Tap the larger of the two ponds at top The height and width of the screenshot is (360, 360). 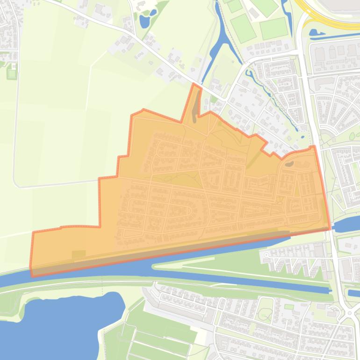[x=144, y=21]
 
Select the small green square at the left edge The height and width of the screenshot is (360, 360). [x=12, y=73]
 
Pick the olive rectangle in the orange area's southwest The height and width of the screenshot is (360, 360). [x=79, y=255]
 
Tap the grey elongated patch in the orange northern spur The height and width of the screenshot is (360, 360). [x=195, y=105]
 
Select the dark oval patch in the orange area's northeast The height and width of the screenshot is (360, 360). [x=289, y=164]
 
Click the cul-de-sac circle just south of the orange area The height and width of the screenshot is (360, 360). [x=267, y=255]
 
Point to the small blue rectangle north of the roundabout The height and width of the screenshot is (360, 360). [x=352, y=293]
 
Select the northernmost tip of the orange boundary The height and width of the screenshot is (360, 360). [x=194, y=84]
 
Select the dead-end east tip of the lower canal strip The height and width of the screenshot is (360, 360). [x=331, y=290]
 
